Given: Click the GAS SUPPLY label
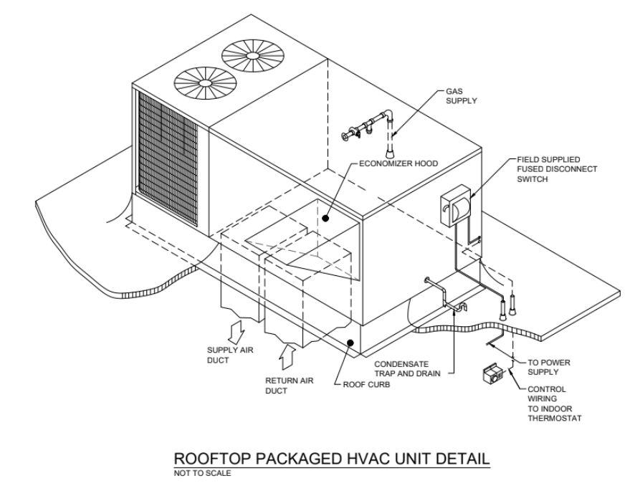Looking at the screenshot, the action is pos(462,96).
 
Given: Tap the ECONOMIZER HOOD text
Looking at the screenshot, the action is pos(398,163).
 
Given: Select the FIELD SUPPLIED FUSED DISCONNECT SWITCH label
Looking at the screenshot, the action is pos(557,169).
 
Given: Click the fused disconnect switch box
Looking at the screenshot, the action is pos(456,206).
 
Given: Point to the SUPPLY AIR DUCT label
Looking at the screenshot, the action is pos(230,355).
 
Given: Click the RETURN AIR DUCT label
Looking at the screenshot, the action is pos(289,386).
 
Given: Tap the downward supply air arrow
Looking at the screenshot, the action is pos(237,331).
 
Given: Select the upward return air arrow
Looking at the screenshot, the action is pos(287,356).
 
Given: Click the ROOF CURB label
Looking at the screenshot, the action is pos(366,384).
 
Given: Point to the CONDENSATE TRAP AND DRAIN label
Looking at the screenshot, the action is pos(407,368).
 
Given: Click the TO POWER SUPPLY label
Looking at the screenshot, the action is pos(549,367).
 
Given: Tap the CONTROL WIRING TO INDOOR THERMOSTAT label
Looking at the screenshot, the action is pos(555,404).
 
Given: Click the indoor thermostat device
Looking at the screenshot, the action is pos(494,374).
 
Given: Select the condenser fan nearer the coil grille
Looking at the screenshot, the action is pos(205,83).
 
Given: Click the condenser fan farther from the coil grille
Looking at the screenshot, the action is pos(253,54).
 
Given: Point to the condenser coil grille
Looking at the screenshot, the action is pos(168,158).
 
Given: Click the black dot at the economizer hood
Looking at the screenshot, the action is pos(325,219).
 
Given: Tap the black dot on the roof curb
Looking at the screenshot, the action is pos(350,343).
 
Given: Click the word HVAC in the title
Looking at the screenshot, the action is pos(372,459).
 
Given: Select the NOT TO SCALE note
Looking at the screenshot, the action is pos(203,473).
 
